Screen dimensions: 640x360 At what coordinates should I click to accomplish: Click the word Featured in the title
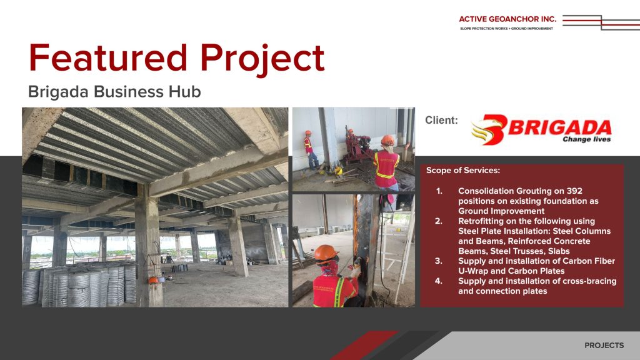[108, 57]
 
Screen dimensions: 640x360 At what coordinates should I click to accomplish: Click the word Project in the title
[262, 59]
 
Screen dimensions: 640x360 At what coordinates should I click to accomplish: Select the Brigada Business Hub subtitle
[114, 91]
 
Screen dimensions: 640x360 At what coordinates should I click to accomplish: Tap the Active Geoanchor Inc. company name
[507, 19]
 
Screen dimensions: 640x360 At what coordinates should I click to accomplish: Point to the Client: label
[441, 120]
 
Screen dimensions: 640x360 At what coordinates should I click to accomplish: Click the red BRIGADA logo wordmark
[559, 127]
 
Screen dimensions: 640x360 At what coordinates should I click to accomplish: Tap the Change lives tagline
[586, 139]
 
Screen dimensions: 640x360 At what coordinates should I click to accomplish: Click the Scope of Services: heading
[463, 170]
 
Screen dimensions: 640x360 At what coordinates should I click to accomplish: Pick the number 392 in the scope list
[574, 191]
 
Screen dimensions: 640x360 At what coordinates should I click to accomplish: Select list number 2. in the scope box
[438, 221]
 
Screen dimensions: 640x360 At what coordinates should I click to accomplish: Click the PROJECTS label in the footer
[604, 345]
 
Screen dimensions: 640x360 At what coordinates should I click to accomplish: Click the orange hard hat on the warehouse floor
[153, 279]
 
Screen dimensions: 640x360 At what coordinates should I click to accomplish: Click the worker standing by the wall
[311, 150]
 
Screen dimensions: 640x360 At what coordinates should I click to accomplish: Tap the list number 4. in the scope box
[438, 281]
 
